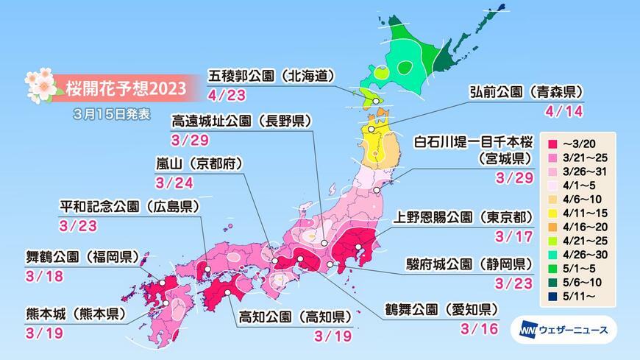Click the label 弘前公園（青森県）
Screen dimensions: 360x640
coord(526,92)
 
